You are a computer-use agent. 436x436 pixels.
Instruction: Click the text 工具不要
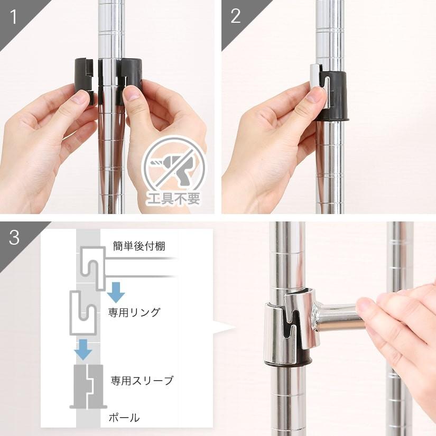click(175, 201)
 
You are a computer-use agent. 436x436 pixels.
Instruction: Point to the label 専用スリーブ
click(142, 381)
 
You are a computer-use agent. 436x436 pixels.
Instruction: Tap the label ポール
click(125, 418)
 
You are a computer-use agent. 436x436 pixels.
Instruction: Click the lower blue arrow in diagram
click(82, 349)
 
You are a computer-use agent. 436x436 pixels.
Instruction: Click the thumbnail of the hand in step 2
click(317, 95)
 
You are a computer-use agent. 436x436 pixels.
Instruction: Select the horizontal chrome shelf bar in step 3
click(338, 317)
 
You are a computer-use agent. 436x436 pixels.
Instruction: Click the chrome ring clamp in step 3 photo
click(288, 328)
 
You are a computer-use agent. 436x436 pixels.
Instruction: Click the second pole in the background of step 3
click(399, 344)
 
